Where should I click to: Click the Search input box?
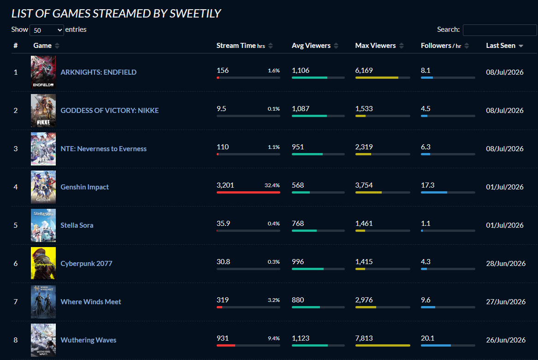click(x=500, y=30)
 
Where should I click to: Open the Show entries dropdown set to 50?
click(x=47, y=30)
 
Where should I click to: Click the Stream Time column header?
click(x=241, y=46)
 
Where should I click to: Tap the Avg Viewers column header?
click(x=311, y=46)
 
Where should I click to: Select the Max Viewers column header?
click(x=375, y=46)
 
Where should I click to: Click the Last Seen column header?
click(x=501, y=46)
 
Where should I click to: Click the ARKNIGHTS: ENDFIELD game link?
click(x=99, y=72)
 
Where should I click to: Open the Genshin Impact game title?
click(x=84, y=187)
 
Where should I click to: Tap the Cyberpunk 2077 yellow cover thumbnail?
click(x=43, y=263)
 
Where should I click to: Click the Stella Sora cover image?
click(x=43, y=225)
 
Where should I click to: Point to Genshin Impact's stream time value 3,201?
click(x=225, y=185)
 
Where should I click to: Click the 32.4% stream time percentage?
click(x=272, y=185)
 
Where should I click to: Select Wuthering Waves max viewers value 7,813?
click(x=364, y=338)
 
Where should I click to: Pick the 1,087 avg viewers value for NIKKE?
click(x=300, y=109)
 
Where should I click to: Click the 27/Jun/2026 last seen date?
click(x=506, y=301)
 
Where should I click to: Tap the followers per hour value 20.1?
click(x=427, y=338)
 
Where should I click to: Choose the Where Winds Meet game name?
click(x=90, y=301)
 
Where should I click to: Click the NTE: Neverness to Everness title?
click(x=103, y=148)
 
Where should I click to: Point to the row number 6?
click(x=15, y=264)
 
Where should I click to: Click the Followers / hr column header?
click(x=441, y=46)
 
